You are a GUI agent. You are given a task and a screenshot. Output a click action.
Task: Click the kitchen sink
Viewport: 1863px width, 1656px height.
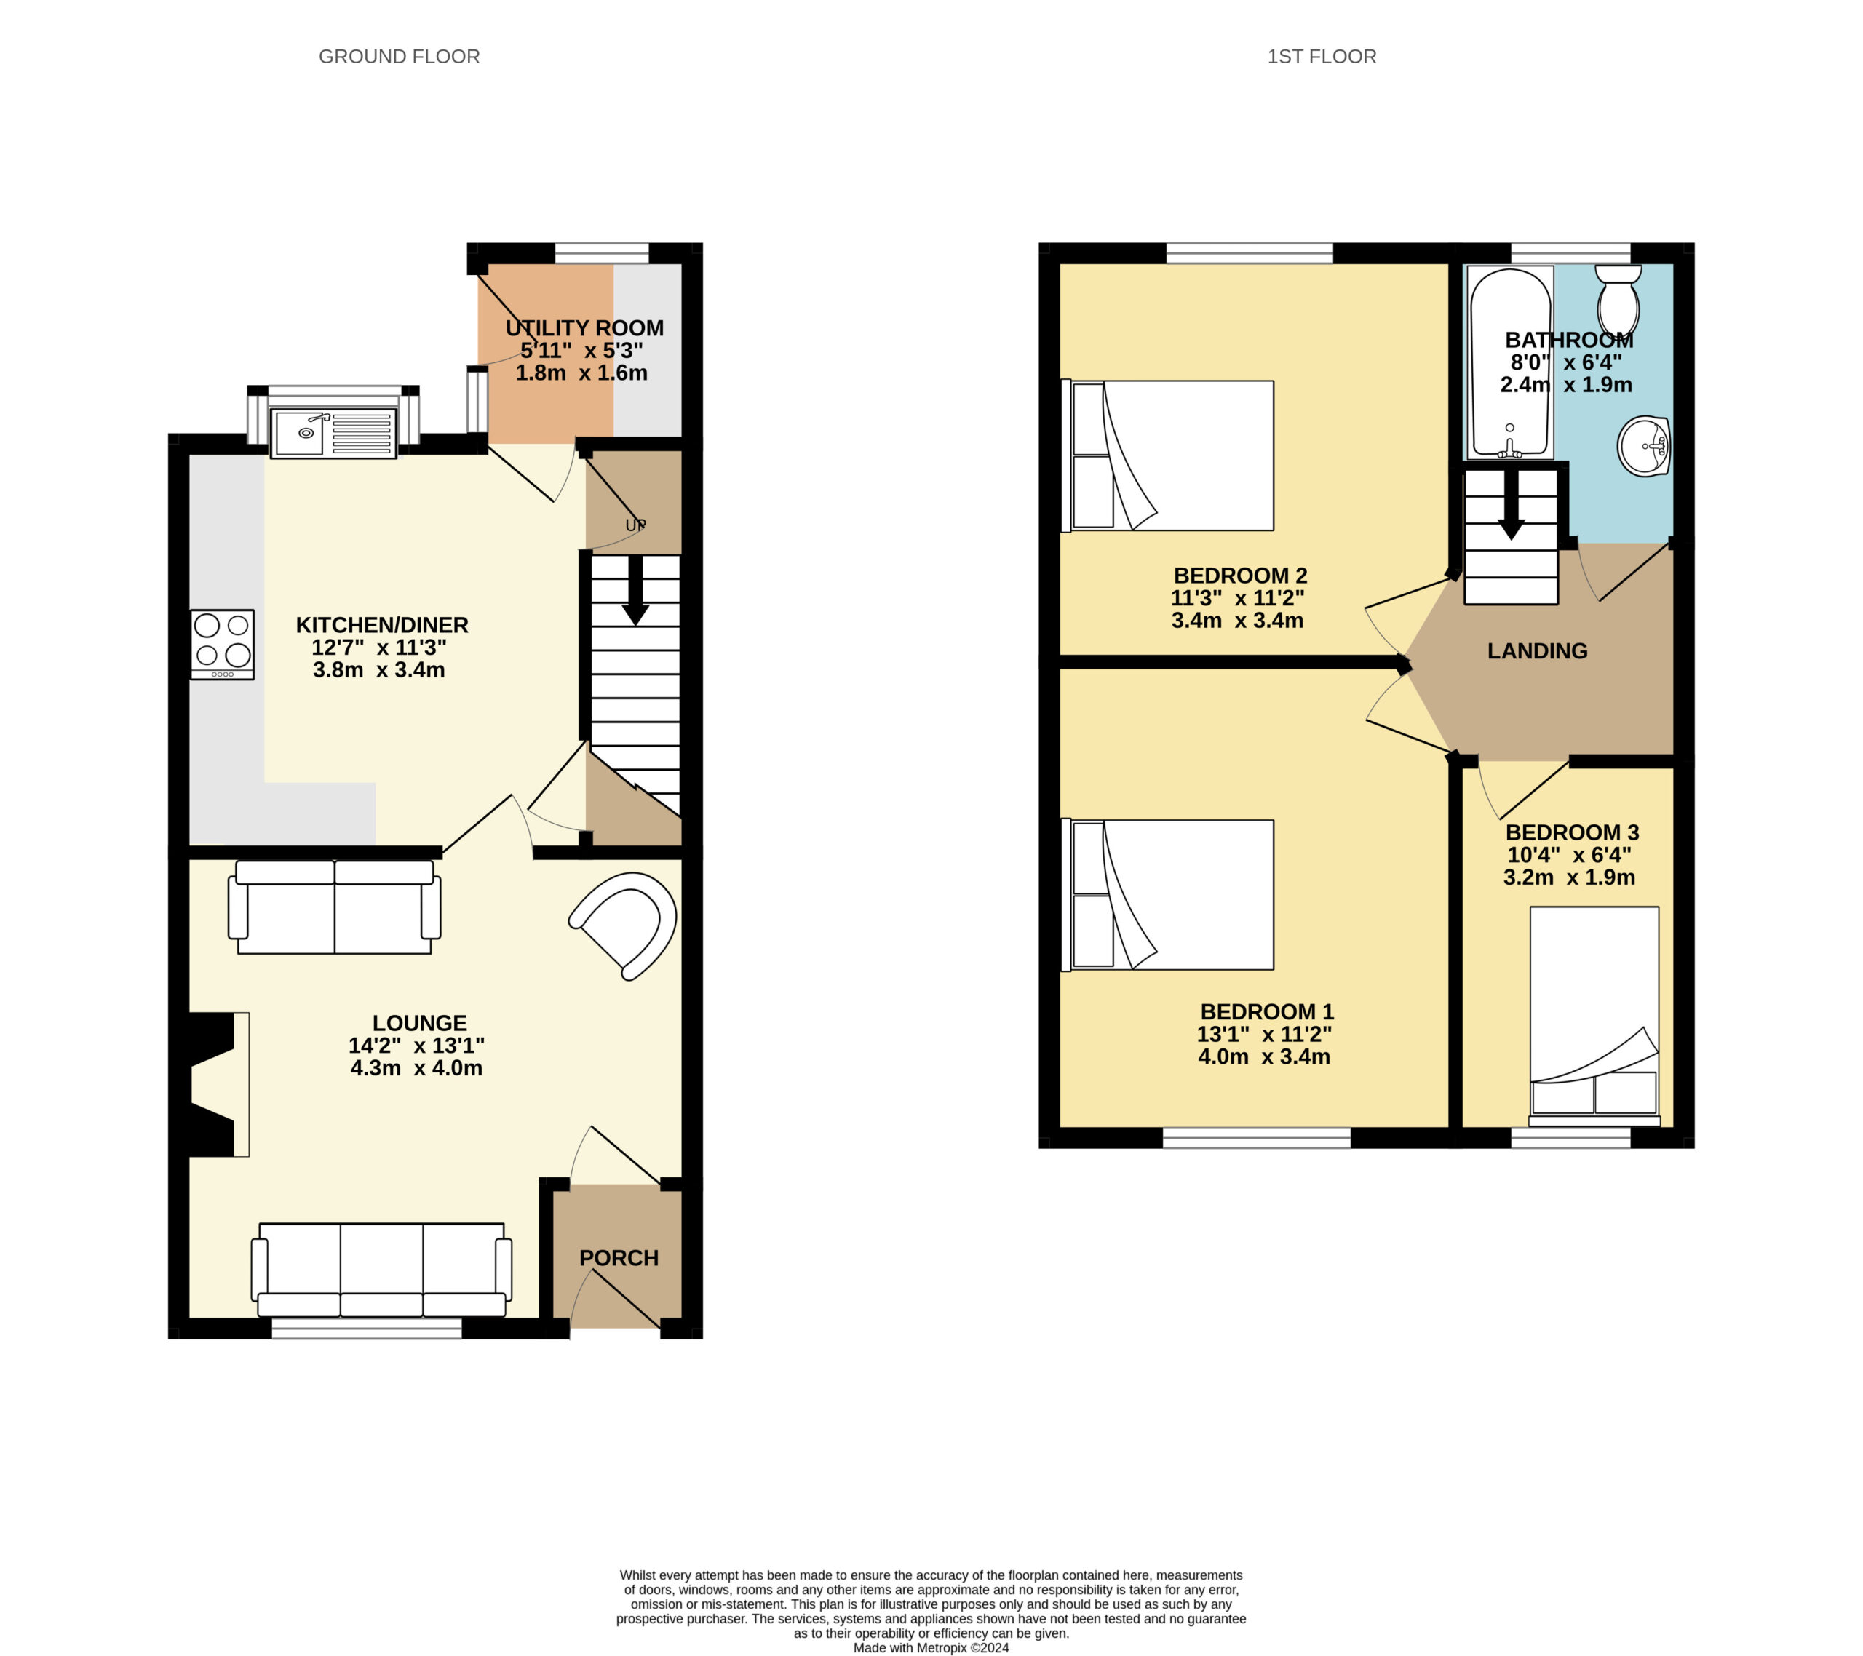(333, 433)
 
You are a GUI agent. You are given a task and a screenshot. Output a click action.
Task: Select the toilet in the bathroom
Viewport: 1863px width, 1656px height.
(1618, 300)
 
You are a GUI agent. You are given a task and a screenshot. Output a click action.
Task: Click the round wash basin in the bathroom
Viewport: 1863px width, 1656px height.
(1643, 446)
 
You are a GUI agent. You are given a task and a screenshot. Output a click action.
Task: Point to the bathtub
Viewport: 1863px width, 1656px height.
(1509, 362)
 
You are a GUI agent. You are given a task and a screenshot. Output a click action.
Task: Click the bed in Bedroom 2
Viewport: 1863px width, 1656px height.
(1167, 455)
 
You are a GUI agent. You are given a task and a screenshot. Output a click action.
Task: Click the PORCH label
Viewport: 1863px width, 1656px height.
(619, 1258)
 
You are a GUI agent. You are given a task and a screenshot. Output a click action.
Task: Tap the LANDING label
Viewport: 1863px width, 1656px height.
(1538, 650)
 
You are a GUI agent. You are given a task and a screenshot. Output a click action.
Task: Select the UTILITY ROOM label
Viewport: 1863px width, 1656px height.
(584, 328)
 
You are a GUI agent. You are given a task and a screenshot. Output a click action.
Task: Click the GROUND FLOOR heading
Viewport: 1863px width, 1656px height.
(400, 57)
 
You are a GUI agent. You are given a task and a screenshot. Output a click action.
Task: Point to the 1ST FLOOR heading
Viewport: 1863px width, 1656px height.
(1322, 57)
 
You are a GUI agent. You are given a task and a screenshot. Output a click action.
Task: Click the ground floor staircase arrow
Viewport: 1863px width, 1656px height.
(635, 591)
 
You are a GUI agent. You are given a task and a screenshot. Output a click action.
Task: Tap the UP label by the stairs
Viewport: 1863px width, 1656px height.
(635, 525)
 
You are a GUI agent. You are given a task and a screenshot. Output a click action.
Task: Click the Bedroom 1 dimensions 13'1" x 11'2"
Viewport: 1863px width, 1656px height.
(1264, 1035)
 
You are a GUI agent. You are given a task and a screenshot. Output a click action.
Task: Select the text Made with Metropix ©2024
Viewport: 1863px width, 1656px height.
(931, 1648)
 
